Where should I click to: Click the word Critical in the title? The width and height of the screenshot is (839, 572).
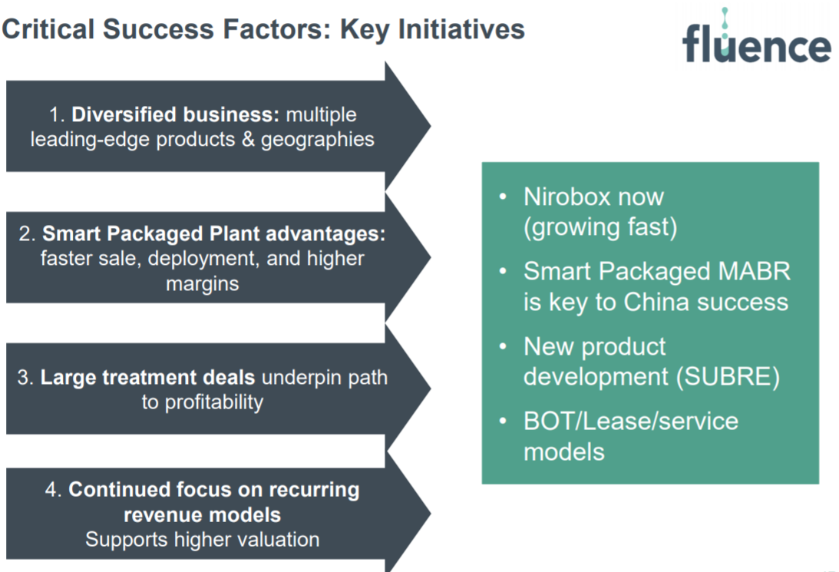click(x=48, y=29)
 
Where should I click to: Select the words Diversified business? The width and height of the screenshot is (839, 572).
click(x=175, y=114)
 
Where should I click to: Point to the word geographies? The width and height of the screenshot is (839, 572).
click(x=317, y=140)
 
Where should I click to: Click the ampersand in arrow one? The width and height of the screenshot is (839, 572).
click(x=248, y=139)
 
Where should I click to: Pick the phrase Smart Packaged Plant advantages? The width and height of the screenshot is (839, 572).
click(x=213, y=234)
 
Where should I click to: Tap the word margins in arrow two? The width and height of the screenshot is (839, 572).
click(x=202, y=284)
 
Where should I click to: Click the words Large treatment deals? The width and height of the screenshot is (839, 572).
click(x=147, y=378)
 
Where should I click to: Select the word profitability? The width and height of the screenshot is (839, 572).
click(x=213, y=403)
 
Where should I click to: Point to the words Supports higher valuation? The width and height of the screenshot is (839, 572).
click(x=202, y=540)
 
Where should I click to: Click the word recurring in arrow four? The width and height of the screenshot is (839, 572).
click(x=314, y=490)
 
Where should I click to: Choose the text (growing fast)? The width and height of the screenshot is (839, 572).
click(x=600, y=227)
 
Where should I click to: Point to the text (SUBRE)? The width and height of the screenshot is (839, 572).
click(x=728, y=377)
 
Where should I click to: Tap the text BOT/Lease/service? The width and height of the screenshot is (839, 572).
click(x=631, y=422)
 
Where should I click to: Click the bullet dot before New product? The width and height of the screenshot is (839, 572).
click(x=503, y=346)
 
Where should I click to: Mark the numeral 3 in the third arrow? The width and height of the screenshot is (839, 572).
click(x=22, y=378)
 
